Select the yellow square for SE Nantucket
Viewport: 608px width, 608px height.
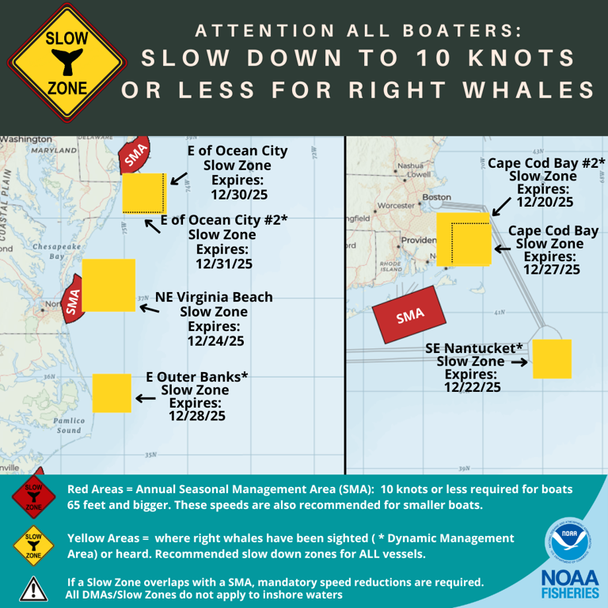tap(552, 359)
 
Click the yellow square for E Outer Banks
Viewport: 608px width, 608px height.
tap(112, 393)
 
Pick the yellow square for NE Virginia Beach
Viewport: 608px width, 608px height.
tap(108, 285)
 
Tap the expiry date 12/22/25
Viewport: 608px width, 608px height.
tap(472, 387)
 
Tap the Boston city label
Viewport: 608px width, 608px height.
tap(437, 196)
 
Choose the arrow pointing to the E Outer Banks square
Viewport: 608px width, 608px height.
tap(146, 399)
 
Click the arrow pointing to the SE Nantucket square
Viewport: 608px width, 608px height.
tap(519, 362)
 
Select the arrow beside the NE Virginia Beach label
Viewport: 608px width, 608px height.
tap(148, 307)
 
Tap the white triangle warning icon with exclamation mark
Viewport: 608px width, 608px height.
tap(32, 587)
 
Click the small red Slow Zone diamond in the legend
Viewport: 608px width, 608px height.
tap(32, 496)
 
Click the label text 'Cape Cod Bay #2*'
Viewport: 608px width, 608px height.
tap(546, 162)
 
